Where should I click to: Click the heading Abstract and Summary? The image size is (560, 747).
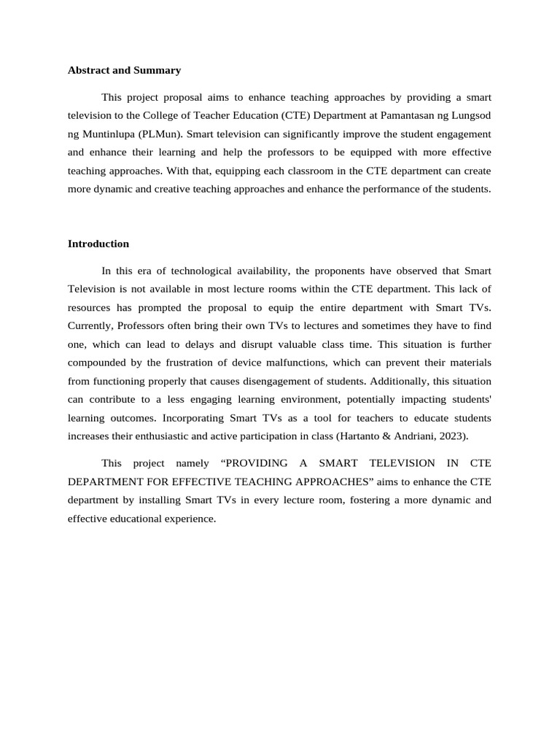click(x=124, y=71)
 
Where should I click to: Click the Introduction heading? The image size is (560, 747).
click(x=98, y=244)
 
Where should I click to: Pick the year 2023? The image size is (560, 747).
click(x=453, y=436)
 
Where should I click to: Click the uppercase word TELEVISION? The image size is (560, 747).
click(x=397, y=463)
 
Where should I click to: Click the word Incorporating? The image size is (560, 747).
click(x=193, y=418)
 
